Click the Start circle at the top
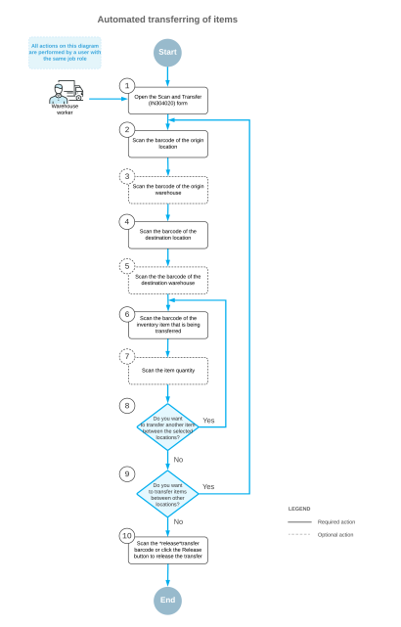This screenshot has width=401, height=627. [x=167, y=53]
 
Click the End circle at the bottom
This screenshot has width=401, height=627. [x=167, y=599]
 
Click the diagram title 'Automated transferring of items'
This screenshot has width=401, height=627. [x=167, y=19]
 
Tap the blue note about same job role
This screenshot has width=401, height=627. [x=64, y=53]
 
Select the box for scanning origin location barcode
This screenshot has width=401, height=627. [x=167, y=144]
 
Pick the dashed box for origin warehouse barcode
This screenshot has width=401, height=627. [x=167, y=189]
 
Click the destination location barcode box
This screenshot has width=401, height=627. [x=167, y=235]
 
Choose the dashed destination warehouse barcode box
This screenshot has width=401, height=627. [x=167, y=281]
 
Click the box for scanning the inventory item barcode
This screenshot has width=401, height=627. [x=167, y=325]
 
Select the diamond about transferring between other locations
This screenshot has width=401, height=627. [x=167, y=494]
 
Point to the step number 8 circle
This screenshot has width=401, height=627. [x=126, y=405]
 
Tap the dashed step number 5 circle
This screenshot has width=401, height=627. [x=126, y=265]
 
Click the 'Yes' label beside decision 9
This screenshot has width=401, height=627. [x=207, y=486]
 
